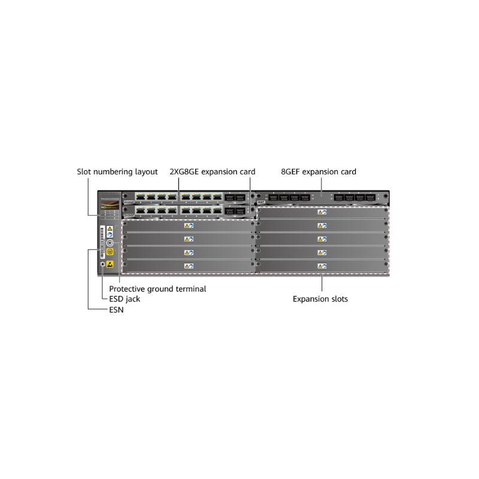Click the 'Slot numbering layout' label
click(x=117, y=172)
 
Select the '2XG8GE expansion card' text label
click(x=213, y=172)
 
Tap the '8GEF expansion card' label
click(x=319, y=172)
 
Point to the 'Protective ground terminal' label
click(x=157, y=289)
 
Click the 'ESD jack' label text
click(x=125, y=298)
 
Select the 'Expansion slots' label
click(x=320, y=298)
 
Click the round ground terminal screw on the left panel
click(x=110, y=242)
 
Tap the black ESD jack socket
click(x=102, y=263)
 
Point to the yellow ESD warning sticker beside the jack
click(x=110, y=263)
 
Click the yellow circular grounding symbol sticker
click(x=110, y=252)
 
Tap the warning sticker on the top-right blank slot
click(x=322, y=212)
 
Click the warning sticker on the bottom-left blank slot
click(x=189, y=265)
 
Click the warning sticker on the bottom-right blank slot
click(x=322, y=265)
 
